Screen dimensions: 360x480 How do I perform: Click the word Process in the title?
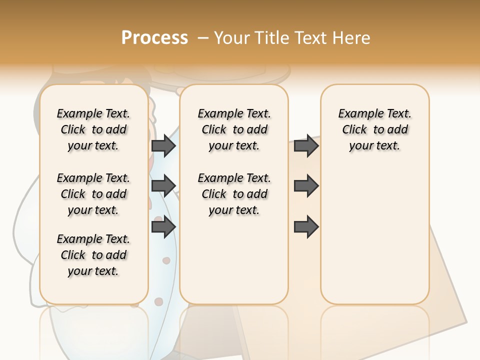[x=154, y=38]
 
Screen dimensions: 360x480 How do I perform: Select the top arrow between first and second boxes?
[x=163, y=145]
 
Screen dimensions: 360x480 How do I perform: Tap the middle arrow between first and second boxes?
[x=163, y=185]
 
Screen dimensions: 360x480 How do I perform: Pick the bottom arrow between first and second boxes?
[x=163, y=226]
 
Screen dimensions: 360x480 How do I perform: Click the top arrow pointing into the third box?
[x=306, y=145]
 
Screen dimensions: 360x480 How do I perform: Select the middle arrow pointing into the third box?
[x=306, y=185]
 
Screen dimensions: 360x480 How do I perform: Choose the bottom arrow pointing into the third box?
[x=306, y=226]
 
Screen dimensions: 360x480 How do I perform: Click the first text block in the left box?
[x=93, y=129]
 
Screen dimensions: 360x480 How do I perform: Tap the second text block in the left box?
[x=93, y=194]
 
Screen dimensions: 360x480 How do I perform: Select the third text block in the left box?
[x=93, y=255]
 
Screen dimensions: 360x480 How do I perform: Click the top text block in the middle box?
[x=234, y=129]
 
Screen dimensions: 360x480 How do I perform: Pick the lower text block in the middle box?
[x=234, y=194]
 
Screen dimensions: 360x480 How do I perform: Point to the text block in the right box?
[x=374, y=129]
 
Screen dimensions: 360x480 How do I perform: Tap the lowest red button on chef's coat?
[x=158, y=301]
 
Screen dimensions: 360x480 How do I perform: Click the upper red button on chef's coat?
[x=166, y=260]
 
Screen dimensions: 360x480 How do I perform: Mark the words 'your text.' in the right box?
[x=374, y=146]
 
